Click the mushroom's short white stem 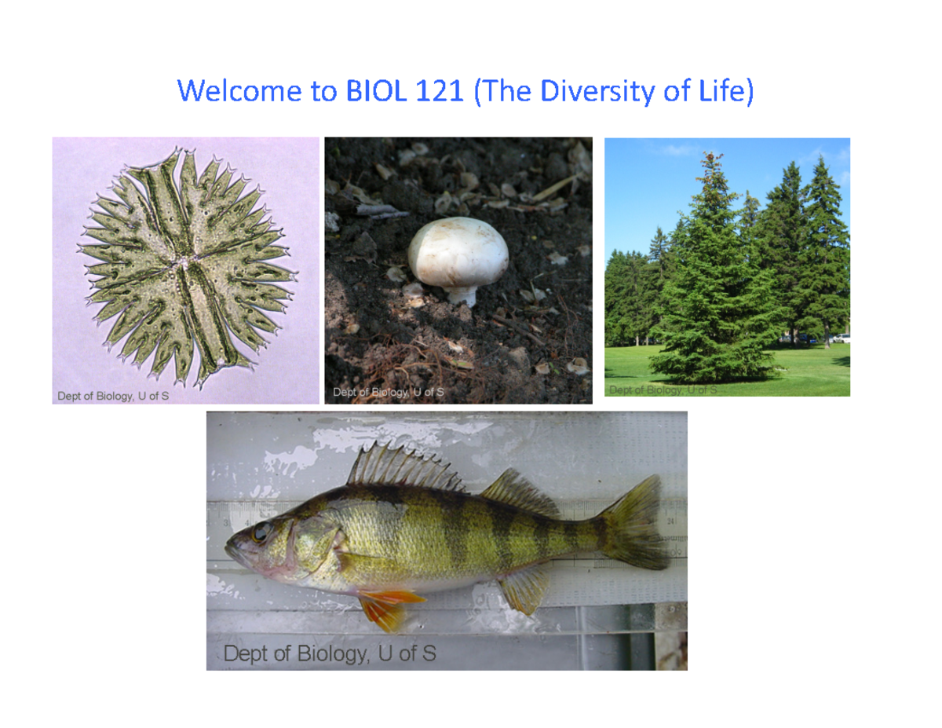tap(462, 296)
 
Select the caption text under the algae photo tap(112, 396)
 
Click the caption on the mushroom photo tap(389, 392)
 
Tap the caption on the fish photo tap(330, 653)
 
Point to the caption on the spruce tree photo tap(663, 390)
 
